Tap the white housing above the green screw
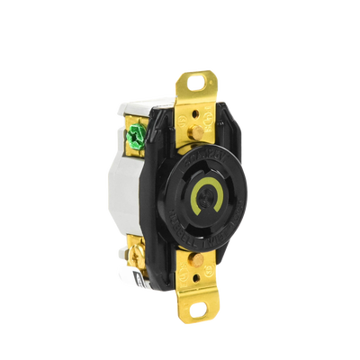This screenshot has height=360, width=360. (126, 112)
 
